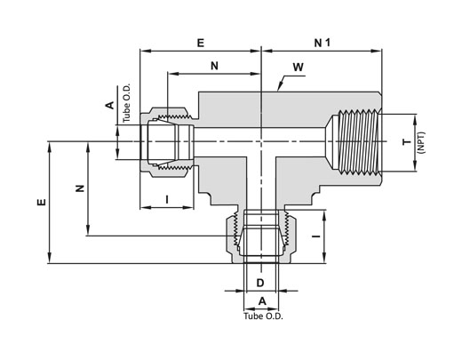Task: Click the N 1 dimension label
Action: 322,43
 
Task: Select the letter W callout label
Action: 299,68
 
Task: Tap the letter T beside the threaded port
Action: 407,141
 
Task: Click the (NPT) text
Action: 421,142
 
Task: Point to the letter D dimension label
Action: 260,283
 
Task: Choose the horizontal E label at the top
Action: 201,43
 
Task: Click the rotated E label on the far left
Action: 42,202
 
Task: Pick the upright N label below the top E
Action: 214,66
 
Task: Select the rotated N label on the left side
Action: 80,188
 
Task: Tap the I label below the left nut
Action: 167,199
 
